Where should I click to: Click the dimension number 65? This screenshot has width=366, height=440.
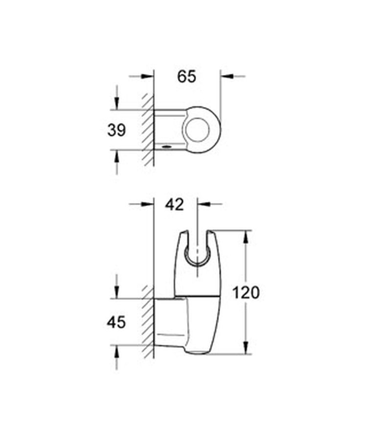[186, 76]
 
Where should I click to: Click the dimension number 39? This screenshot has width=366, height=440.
[116, 130]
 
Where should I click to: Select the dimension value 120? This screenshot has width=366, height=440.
[246, 293]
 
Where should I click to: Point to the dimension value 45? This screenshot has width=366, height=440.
[116, 322]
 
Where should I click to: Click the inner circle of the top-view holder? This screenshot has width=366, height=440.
[198, 130]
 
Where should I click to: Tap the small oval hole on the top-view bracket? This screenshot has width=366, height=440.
[167, 146]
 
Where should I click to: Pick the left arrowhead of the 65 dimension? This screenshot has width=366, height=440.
[148, 76]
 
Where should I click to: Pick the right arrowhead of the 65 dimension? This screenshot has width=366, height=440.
[227, 76]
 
